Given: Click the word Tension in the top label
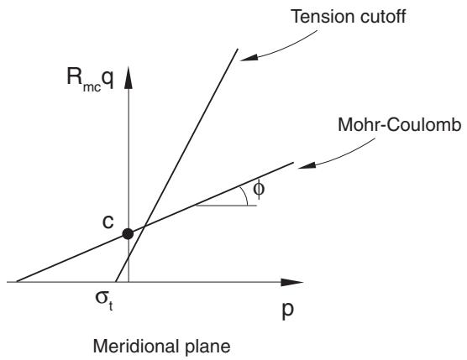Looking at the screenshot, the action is (x=323, y=16).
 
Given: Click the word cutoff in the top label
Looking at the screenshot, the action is (x=383, y=16).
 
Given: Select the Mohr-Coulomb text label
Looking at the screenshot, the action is (x=400, y=125).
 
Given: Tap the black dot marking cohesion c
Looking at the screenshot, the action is (x=128, y=234).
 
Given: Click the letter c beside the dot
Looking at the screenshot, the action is (x=108, y=222).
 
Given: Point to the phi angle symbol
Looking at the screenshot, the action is (x=259, y=189).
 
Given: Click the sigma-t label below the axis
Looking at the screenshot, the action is (x=104, y=300).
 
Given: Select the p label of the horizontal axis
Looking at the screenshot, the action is (x=288, y=310).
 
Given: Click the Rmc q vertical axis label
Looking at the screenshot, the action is (x=90, y=79).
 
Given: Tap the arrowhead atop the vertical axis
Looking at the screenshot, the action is (x=129, y=77).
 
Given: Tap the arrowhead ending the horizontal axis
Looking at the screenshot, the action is (x=292, y=282).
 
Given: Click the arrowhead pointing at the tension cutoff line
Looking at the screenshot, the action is (x=249, y=58).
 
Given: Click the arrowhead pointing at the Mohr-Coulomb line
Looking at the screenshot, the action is (x=307, y=165).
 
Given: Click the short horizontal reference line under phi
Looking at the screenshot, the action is (x=226, y=206).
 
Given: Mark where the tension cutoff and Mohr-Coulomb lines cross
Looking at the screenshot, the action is (x=144, y=227).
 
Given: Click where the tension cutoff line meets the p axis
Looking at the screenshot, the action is (x=116, y=282).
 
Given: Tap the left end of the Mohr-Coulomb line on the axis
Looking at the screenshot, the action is (x=17, y=281).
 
